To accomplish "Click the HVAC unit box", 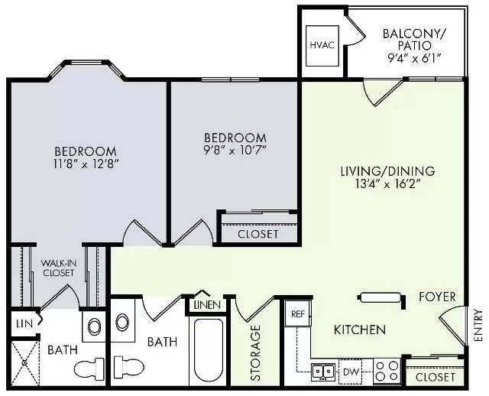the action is pyautogui.click(x=322, y=46).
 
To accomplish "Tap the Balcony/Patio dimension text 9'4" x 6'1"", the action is pyautogui.click(x=414, y=58).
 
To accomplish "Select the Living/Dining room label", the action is pyautogui.click(x=387, y=171).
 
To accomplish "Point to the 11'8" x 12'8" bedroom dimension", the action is pyautogui.click(x=86, y=164).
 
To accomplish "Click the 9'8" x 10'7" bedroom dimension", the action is pyautogui.click(x=235, y=151).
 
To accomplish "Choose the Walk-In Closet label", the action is pyautogui.click(x=59, y=268).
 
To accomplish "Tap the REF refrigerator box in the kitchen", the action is pyautogui.click(x=298, y=313).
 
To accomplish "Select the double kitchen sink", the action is pyautogui.click(x=323, y=372).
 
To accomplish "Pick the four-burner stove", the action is pyautogui.click(x=387, y=372).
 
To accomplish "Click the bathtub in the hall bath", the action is pyautogui.click(x=209, y=351).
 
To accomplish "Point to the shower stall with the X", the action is pyautogui.click(x=24, y=363).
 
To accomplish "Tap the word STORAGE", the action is pyautogui.click(x=256, y=353).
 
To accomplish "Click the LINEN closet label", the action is pyautogui.click(x=207, y=305).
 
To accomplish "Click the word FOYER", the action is pyautogui.click(x=437, y=297).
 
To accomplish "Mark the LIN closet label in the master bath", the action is pyautogui.click(x=24, y=324).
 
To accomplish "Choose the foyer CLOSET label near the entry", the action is pyautogui.click(x=436, y=378).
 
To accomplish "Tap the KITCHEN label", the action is pyautogui.click(x=360, y=329).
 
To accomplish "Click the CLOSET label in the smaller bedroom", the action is pyautogui.click(x=258, y=234).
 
